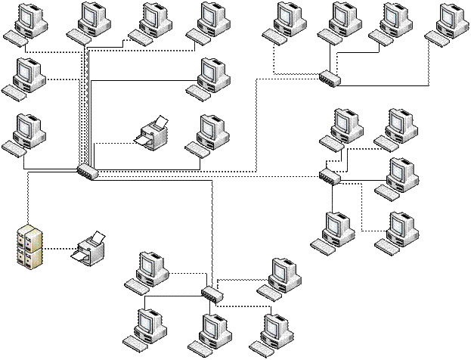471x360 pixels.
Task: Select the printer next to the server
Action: [91, 249]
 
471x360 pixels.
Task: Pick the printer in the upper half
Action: [153, 134]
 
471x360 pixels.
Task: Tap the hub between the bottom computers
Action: [213, 291]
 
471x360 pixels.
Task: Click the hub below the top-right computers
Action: [330, 77]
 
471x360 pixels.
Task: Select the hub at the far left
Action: [88, 170]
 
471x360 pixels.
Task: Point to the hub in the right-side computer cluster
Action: [330, 175]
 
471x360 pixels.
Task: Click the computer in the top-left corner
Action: [28, 21]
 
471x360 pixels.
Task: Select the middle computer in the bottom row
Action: [209, 334]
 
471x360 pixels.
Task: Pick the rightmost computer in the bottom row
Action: [272, 334]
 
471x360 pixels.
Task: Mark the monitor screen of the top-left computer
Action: [31, 14]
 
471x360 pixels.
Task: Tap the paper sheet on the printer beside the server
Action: [97, 240]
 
